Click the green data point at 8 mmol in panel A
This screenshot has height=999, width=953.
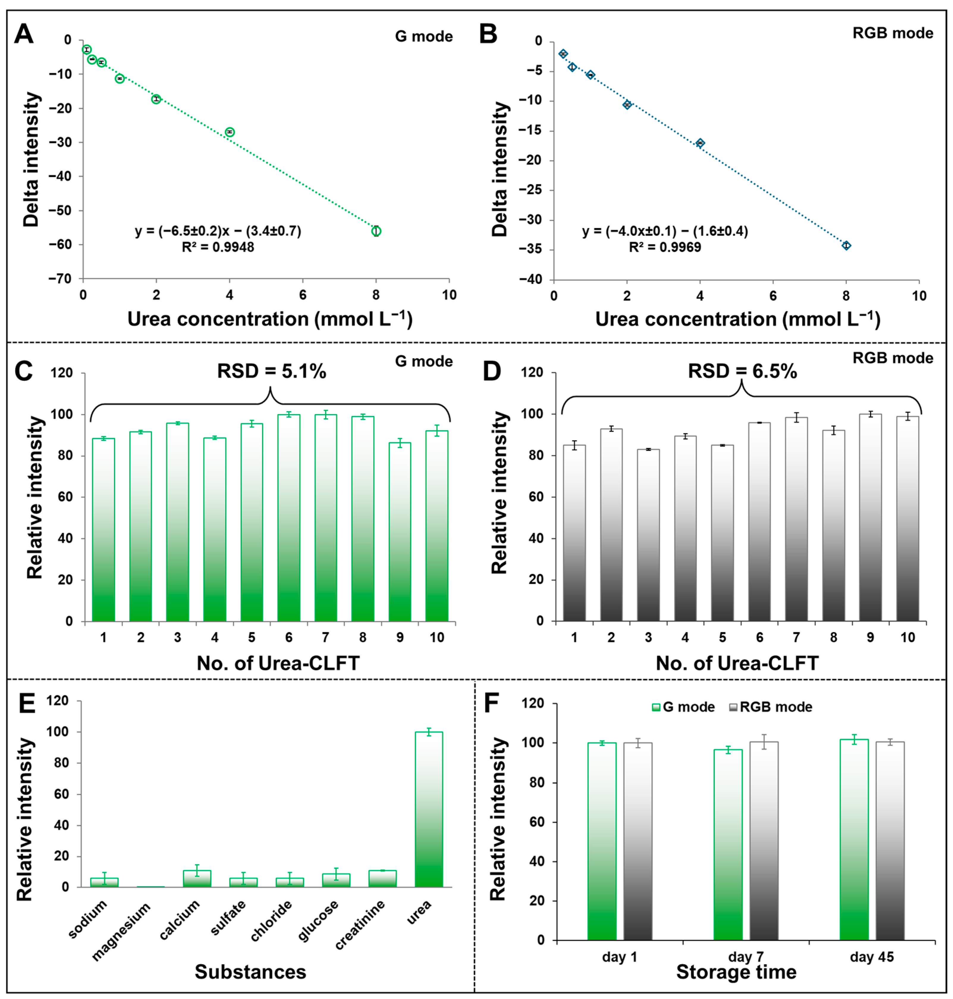[x=376, y=231]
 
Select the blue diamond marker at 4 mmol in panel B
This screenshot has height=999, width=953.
[x=700, y=143]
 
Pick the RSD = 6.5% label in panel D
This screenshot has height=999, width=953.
[x=742, y=371]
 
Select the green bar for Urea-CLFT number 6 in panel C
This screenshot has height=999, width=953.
[x=288, y=518]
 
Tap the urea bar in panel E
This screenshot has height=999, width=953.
[x=429, y=810]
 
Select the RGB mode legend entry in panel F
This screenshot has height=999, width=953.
[x=771, y=707]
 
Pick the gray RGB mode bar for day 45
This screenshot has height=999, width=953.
[x=890, y=841]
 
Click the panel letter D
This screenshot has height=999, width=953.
[x=491, y=371]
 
